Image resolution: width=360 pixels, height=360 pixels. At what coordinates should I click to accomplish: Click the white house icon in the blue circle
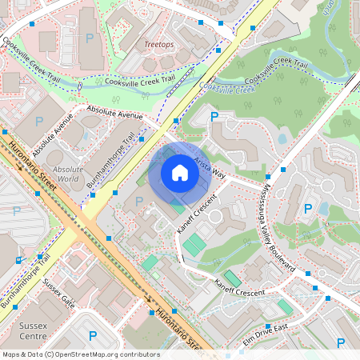pos(179,172)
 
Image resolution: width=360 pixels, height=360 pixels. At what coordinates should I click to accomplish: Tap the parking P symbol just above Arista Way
pos(214,117)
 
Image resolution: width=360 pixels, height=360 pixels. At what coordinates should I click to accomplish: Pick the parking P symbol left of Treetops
pos(89,38)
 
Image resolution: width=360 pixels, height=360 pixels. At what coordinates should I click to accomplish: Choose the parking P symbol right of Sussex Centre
pos(92,335)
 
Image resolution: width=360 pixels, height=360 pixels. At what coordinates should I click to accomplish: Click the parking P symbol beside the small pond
pos(308,209)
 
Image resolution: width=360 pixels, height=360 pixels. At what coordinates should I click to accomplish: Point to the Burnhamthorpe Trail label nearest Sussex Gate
pos(25,281)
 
